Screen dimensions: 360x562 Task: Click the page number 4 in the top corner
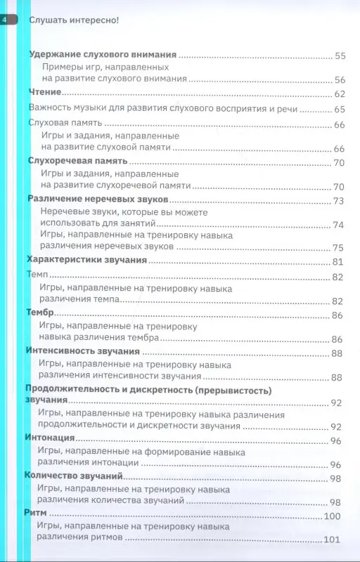pos(6,19)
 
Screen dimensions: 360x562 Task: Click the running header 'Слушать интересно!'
pos(75,20)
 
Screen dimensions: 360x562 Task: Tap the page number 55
pos(340,55)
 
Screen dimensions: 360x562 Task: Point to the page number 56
pos(340,79)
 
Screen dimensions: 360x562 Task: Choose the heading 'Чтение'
pos(45,93)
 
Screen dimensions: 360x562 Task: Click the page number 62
pos(340,93)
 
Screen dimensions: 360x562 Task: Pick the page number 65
pos(340,109)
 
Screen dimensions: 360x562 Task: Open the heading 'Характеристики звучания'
pos(86,261)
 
